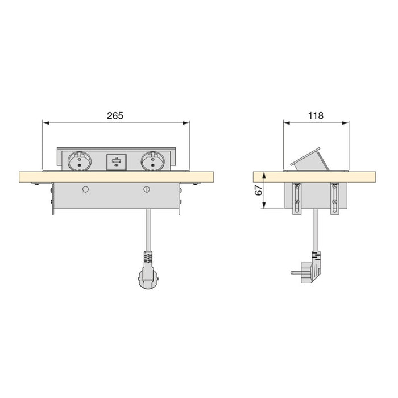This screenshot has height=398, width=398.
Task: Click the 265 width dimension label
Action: (x=115, y=115)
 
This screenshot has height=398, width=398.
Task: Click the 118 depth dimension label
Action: (x=316, y=115)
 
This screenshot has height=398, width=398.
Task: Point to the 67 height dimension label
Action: (x=258, y=191)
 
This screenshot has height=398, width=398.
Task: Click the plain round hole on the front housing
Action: (x=85, y=188)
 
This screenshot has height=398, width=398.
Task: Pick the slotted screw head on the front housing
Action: (x=147, y=189)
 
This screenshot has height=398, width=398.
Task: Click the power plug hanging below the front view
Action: (x=147, y=279)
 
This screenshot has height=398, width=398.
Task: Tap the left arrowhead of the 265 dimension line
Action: (x=46, y=122)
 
